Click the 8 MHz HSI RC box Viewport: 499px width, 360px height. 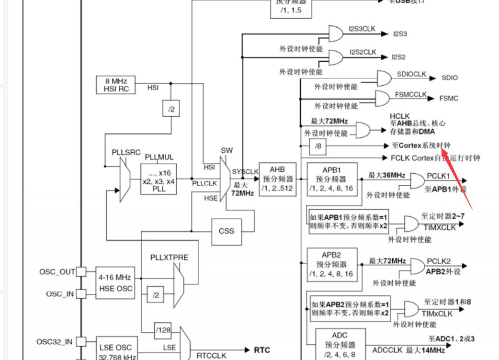(115, 85)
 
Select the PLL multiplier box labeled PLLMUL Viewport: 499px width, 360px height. (159, 179)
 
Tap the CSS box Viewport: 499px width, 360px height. (227, 231)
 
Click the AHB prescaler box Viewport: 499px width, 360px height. (277, 179)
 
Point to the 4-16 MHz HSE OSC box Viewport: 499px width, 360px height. (114, 283)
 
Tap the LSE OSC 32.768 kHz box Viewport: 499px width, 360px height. (114, 351)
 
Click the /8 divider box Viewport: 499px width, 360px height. (318, 146)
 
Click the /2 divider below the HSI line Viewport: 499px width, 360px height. (171, 109)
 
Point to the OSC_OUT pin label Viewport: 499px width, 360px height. (57, 272)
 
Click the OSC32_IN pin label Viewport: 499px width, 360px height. (55, 341)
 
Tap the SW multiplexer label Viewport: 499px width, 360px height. (227, 150)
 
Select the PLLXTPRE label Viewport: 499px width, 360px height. (169, 257)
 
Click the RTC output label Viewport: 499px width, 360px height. (262, 350)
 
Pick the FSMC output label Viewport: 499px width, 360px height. (449, 98)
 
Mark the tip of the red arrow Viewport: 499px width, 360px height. (442, 150)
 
